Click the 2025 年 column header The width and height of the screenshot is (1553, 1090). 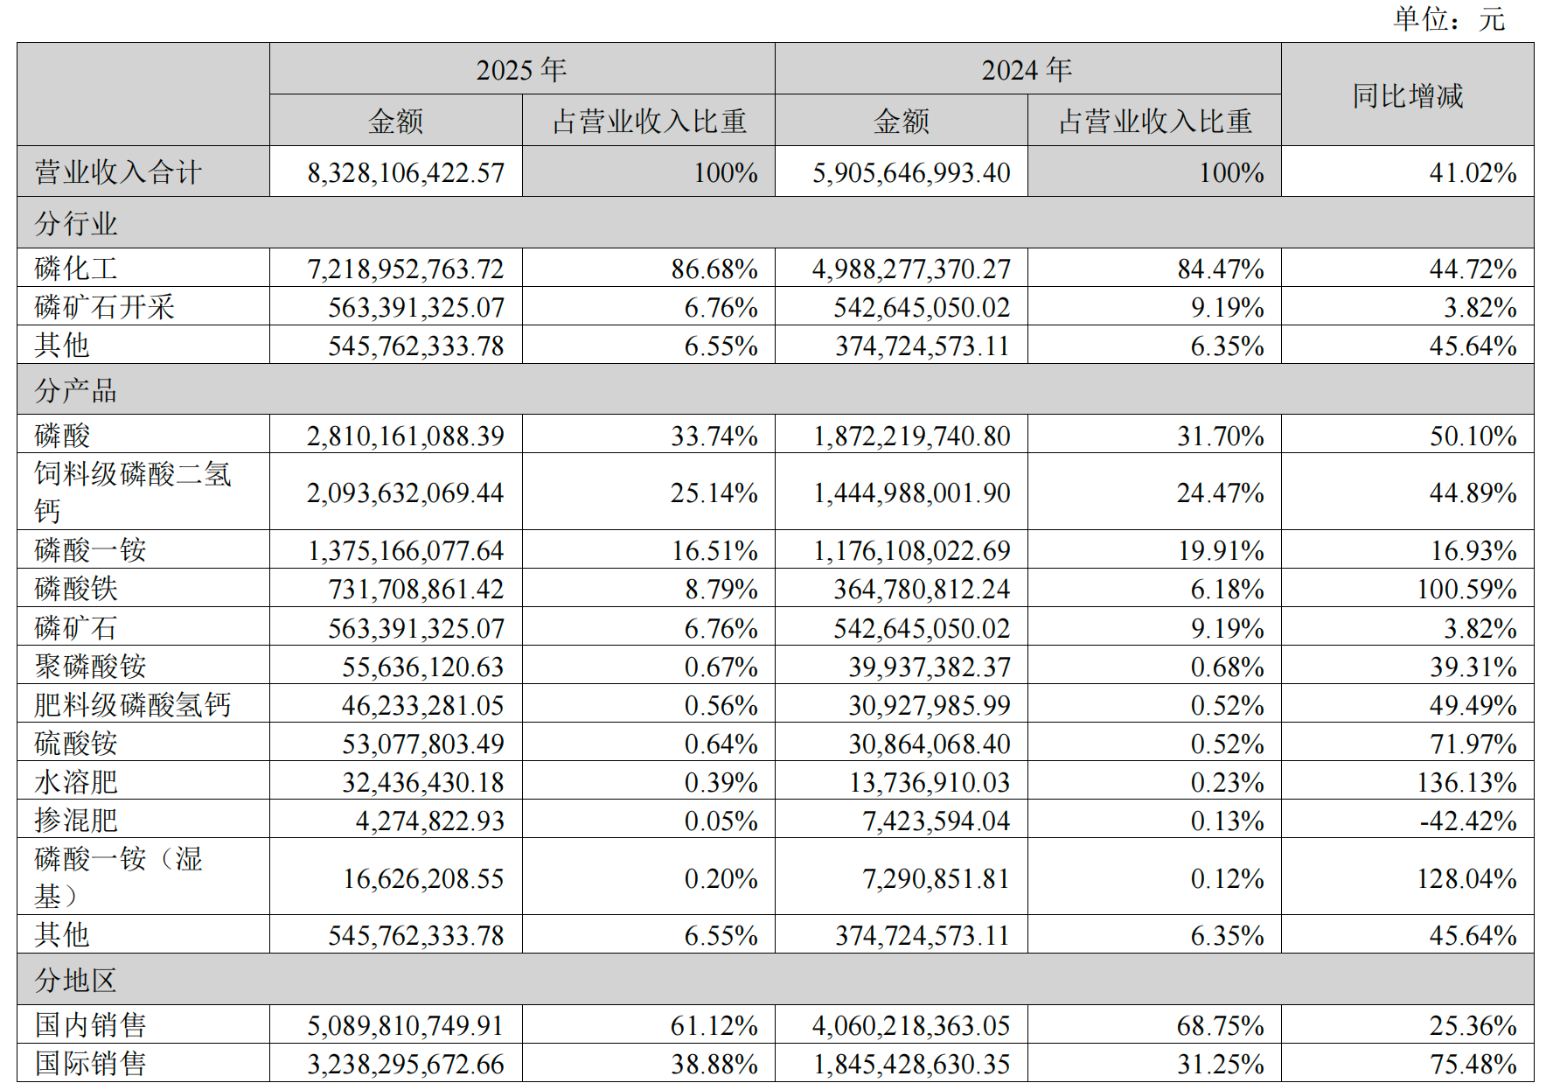click(521, 70)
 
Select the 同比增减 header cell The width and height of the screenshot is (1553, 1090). click(1407, 95)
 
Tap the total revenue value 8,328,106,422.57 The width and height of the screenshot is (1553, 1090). click(406, 172)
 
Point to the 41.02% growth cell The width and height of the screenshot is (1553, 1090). click(1473, 172)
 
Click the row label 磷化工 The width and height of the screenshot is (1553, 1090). click(76, 269)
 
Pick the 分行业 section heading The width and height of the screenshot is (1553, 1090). click(76, 224)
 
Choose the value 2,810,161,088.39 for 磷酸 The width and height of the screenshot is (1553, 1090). click(406, 436)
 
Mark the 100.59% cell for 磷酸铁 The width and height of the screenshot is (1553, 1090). click(1466, 589)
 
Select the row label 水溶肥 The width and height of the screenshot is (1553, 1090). click(76, 782)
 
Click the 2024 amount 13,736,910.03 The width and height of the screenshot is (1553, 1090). click(930, 782)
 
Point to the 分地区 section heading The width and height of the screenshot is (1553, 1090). click(76, 980)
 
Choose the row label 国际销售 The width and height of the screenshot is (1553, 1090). click(91, 1064)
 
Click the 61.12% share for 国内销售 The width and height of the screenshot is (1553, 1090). click(714, 1025)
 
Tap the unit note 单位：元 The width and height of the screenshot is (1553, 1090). click(1449, 19)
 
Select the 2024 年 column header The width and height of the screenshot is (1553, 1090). click(1027, 70)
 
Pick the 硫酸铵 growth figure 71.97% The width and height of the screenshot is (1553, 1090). click(1473, 744)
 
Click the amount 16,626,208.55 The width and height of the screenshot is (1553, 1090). click(423, 878)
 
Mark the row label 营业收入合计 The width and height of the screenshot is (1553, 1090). click(118, 172)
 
